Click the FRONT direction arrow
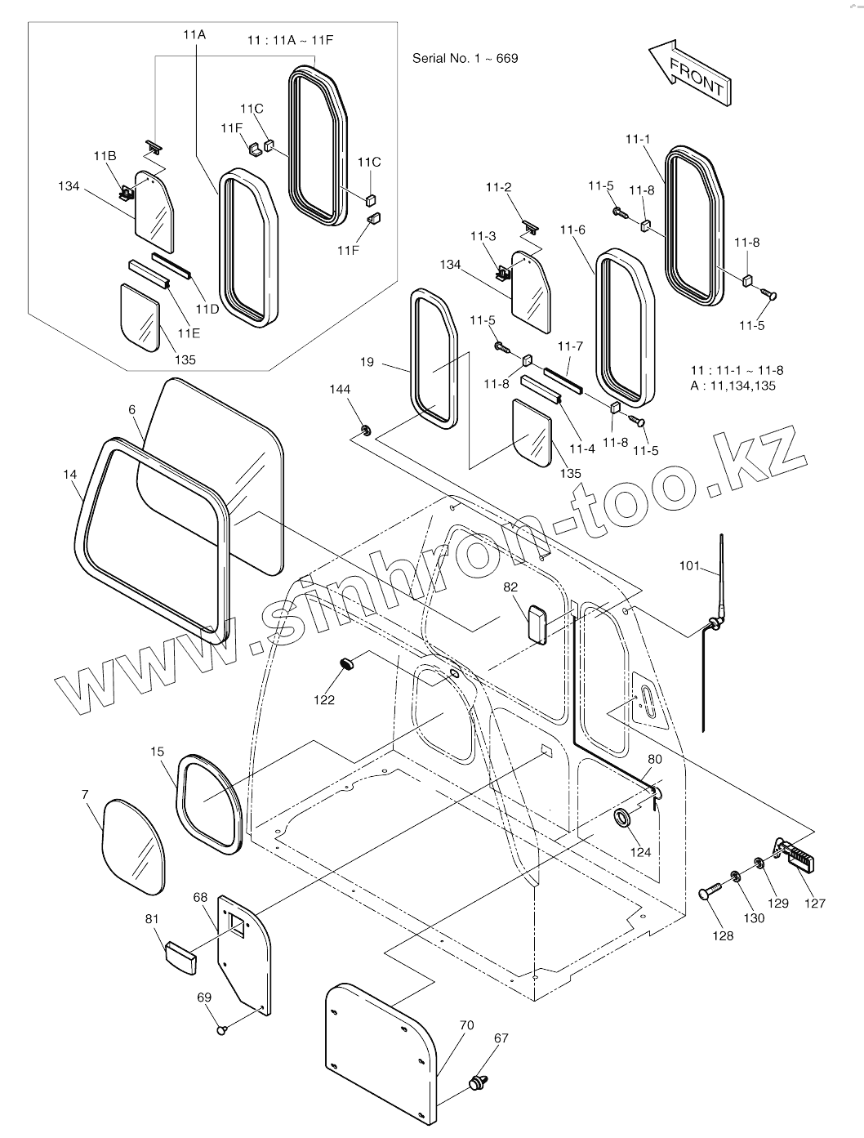tap(690, 73)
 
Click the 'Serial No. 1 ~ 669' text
tap(465, 59)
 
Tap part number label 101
tap(690, 565)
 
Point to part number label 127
tap(814, 903)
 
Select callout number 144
tap(341, 390)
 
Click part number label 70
tap(466, 1024)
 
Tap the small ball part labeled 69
tap(220, 1030)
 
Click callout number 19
tap(366, 361)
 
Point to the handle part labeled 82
tap(537, 624)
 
